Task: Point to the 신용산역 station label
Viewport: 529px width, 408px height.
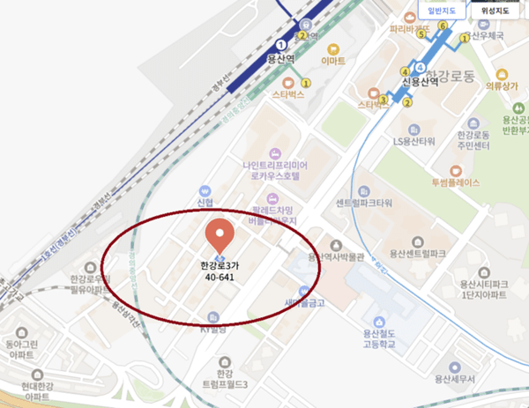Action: (x=419, y=83)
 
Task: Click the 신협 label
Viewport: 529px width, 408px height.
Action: (x=205, y=202)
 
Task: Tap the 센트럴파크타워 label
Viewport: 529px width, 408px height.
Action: (x=363, y=203)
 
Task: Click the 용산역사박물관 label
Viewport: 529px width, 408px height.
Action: (x=335, y=257)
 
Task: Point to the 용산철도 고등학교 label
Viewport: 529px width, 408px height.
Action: (x=378, y=337)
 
